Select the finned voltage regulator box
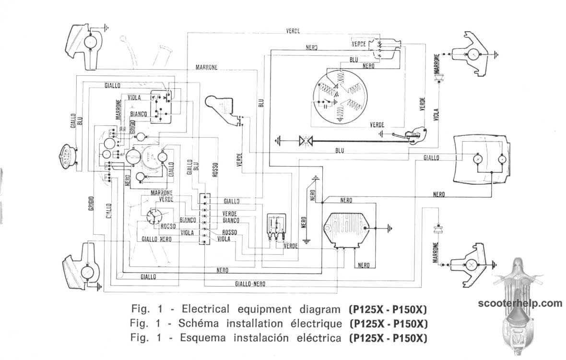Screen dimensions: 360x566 (x=348, y=229)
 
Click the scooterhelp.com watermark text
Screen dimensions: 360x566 (x=519, y=303)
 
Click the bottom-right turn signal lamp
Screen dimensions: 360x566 (x=471, y=264)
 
